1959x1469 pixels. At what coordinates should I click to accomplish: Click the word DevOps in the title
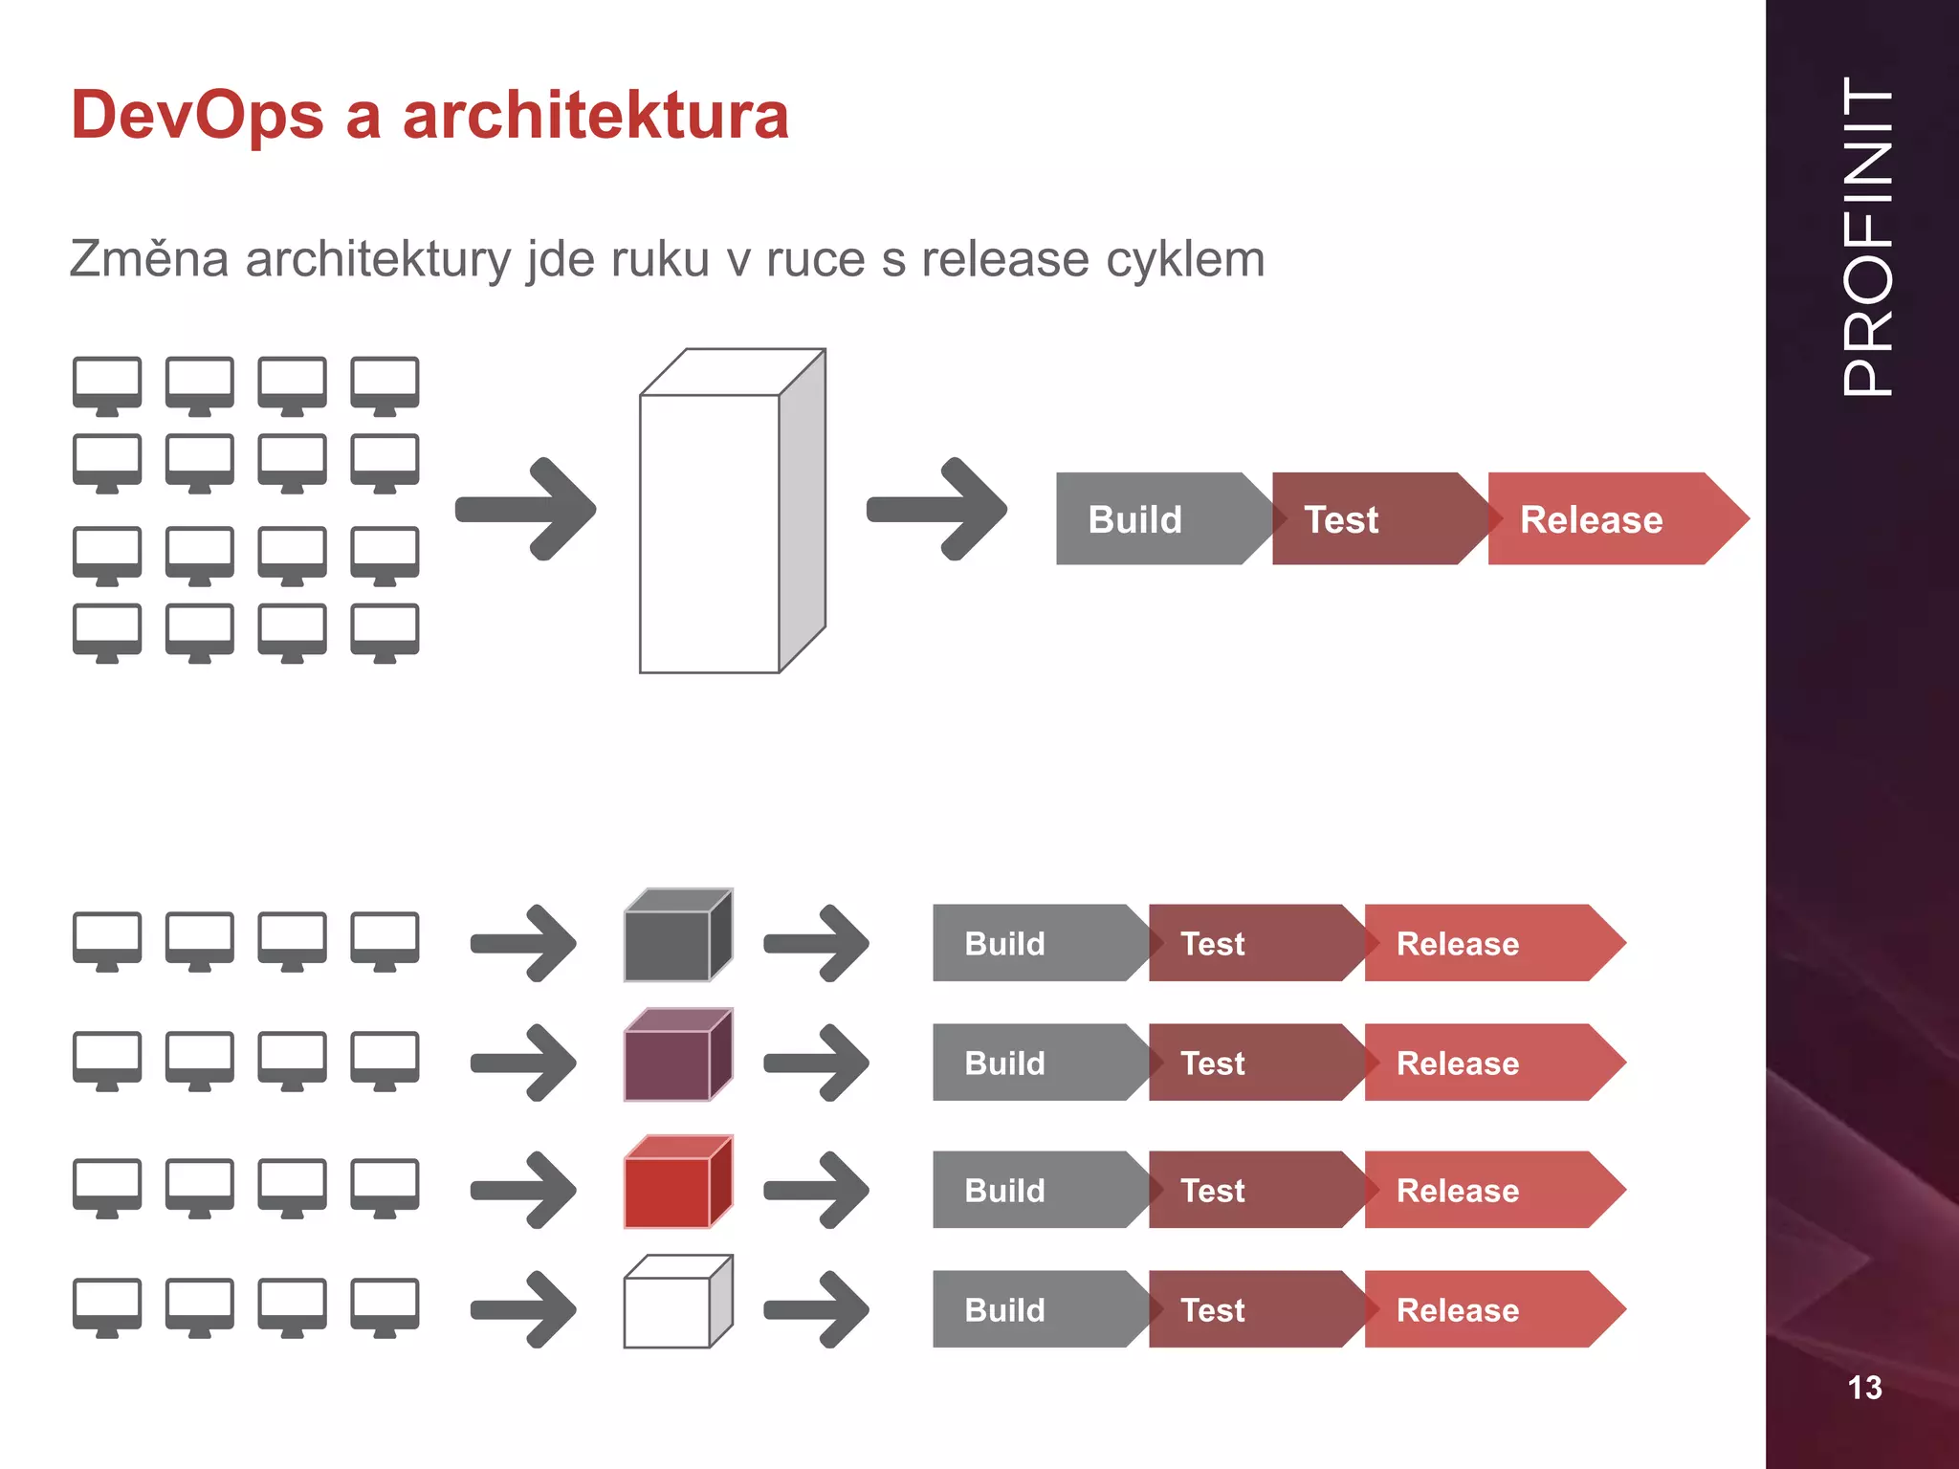[x=197, y=116]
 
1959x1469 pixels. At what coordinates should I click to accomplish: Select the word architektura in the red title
[x=595, y=116]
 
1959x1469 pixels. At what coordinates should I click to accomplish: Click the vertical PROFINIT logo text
[x=1866, y=236]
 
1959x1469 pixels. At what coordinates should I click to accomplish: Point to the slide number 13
[x=1864, y=1387]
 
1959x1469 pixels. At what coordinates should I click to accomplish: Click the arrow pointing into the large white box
[x=526, y=509]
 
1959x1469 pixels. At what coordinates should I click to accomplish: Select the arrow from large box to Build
[x=936, y=509]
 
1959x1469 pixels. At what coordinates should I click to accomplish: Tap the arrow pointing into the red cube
[x=524, y=1190]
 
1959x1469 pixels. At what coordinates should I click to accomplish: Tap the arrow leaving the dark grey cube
[x=817, y=943]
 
